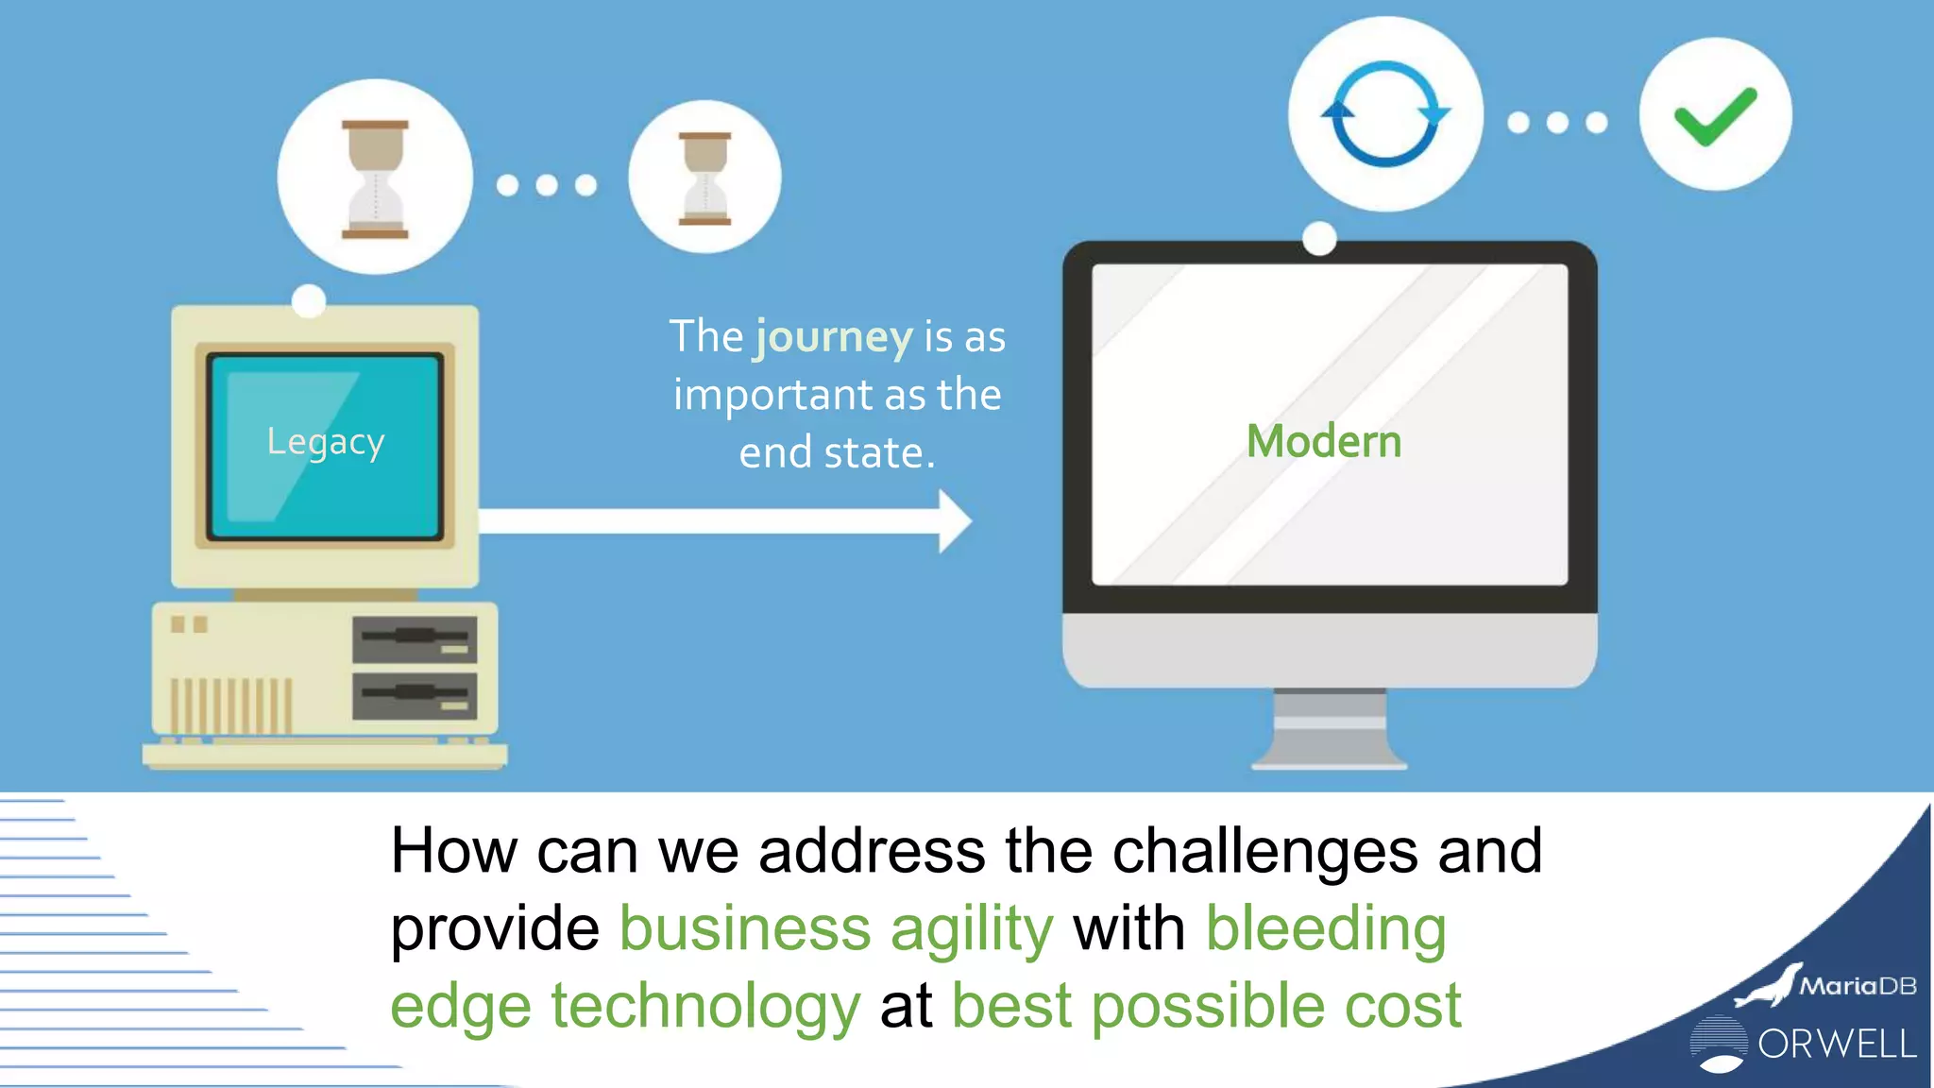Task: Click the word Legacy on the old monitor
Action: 325,442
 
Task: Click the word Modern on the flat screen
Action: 1324,441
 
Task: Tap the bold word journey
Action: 833,337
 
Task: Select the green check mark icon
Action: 1715,115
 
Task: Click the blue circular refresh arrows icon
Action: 1385,114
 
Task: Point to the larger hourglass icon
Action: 375,178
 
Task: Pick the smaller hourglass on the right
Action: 704,178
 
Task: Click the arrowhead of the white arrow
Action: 955,521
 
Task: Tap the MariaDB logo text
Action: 1857,986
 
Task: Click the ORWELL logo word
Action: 1837,1044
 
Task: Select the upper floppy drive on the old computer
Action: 415,638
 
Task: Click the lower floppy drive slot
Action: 415,696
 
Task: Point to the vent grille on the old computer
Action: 230,705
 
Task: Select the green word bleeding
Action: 1326,929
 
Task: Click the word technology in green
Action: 705,1006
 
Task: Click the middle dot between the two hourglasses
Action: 547,185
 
